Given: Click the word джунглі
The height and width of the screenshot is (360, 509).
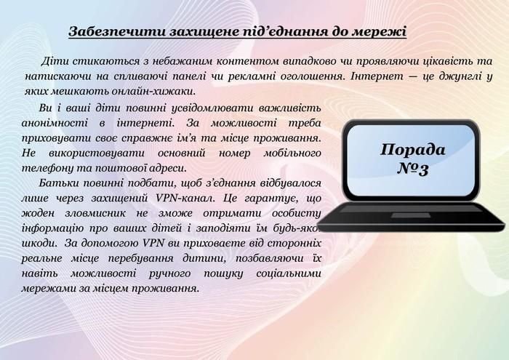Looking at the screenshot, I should coord(449,75).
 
